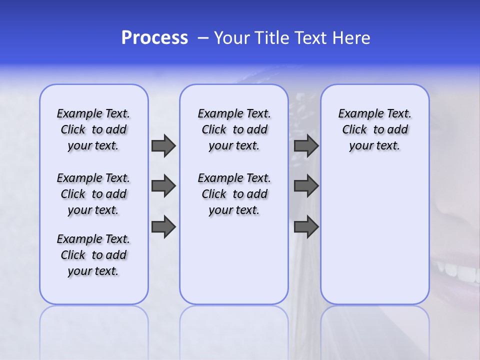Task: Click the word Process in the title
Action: tap(154, 38)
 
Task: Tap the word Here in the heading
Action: tap(351, 38)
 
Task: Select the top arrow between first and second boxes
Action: tap(163, 146)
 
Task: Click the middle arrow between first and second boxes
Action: tap(163, 186)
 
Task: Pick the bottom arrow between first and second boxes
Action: tap(163, 227)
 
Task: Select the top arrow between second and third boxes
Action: tap(306, 146)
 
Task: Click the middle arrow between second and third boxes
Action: tap(306, 186)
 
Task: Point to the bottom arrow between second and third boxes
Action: tap(306, 227)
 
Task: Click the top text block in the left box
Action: tap(93, 129)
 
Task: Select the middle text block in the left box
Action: tap(93, 194)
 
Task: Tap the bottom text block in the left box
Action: tap(93, 255)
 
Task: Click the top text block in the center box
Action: tap(234, 129)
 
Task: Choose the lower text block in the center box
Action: tap(234, 194)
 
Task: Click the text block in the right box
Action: tap(375, 129)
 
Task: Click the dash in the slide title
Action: tap(203, 38)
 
